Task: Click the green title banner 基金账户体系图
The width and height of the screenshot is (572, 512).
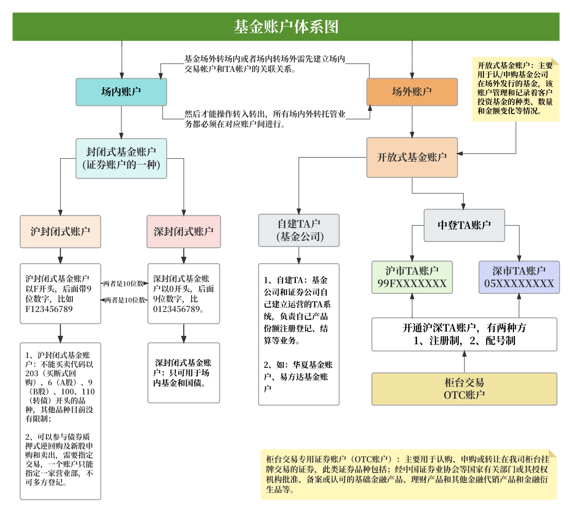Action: click(x=286, y=27)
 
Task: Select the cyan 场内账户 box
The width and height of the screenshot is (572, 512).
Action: click(x=121, y=92)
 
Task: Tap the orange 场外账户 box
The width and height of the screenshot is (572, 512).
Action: click(x=412, y=92)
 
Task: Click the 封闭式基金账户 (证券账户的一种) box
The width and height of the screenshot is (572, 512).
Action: click(x=121, y=158)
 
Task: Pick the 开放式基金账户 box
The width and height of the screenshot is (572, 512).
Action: click(x=412, y=157)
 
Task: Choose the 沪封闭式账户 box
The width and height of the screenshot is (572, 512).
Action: click(x=60, y=231)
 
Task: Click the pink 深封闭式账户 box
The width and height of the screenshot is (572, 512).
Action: click(x=184, y=231)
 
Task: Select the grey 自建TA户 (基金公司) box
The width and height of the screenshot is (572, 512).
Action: click(x=299, y=230)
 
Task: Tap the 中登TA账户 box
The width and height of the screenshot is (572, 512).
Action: click(x=464, y=225)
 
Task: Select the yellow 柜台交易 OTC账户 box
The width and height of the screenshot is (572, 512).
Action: click(x=464, y=389)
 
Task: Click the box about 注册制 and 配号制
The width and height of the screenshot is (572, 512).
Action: click(x=464, y=334)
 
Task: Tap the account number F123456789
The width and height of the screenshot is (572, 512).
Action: click(x=49, y=309)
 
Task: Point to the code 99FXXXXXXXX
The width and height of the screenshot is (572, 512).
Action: click(x=412, y=284)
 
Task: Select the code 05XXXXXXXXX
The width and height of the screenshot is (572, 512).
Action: click(x=519, y=284)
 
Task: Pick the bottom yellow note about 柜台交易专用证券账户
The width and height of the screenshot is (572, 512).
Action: click(x=408, y=474)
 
